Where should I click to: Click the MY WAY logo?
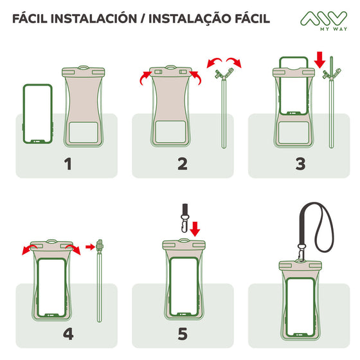323,21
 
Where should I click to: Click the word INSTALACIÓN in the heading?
94,19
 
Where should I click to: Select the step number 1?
68,164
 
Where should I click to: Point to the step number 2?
183,164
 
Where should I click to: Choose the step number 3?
300,164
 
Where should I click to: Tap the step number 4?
68,334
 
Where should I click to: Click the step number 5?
183,334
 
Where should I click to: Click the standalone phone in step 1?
38,114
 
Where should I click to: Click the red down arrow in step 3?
320,60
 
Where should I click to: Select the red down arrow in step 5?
195,229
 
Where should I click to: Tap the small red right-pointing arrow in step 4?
90,247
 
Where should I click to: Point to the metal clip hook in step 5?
184,223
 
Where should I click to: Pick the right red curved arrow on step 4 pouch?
73,249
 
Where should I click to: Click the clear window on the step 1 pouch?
84,132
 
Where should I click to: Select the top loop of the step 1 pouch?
84,67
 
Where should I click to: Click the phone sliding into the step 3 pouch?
293,85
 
